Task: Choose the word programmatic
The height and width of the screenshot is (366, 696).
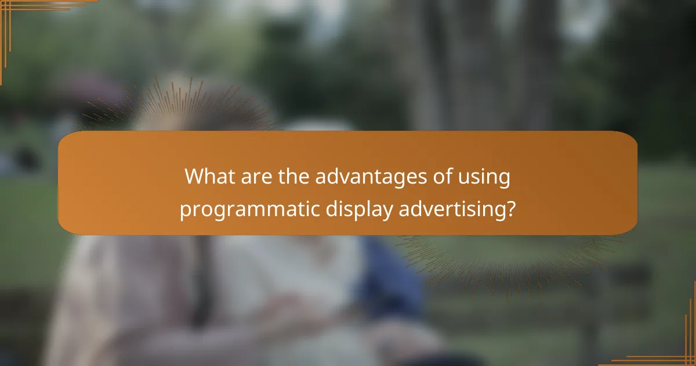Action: point(246,210)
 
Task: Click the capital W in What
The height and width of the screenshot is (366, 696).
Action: point(194,177)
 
